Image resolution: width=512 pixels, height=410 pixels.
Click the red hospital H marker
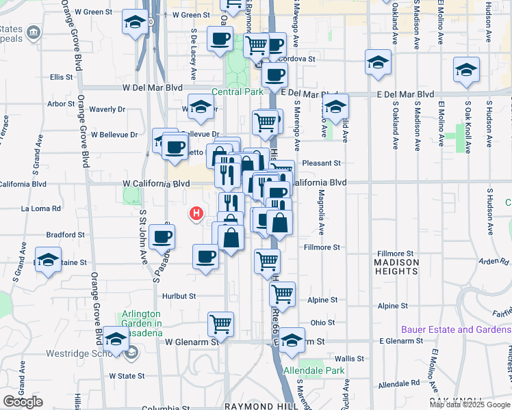197,214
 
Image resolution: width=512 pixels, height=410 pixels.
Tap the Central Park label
238,92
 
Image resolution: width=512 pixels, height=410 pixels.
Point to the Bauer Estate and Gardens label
456,329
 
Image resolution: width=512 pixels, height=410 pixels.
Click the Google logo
23,402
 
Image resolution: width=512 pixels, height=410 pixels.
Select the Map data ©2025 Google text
470,405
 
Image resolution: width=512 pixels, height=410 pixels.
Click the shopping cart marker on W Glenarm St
220,323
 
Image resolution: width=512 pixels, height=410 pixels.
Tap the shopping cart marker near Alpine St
282,294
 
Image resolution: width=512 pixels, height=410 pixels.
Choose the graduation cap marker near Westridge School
116,340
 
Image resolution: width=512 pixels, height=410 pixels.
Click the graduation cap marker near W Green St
136,23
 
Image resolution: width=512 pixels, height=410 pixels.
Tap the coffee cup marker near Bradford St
162,236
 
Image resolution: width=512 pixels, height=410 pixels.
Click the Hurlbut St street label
180,297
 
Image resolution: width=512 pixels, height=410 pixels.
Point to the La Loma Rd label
41,208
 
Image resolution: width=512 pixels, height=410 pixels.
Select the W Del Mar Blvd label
153,88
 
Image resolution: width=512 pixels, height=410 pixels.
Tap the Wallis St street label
349,358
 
